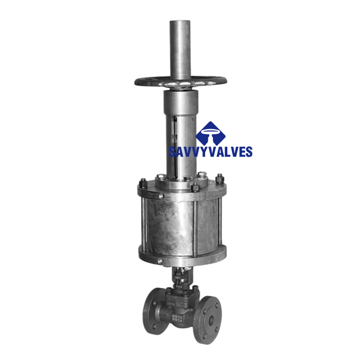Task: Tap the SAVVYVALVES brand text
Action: (211, 152)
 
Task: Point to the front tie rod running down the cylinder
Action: (197, 225)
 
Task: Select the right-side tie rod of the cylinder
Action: (219, 225)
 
